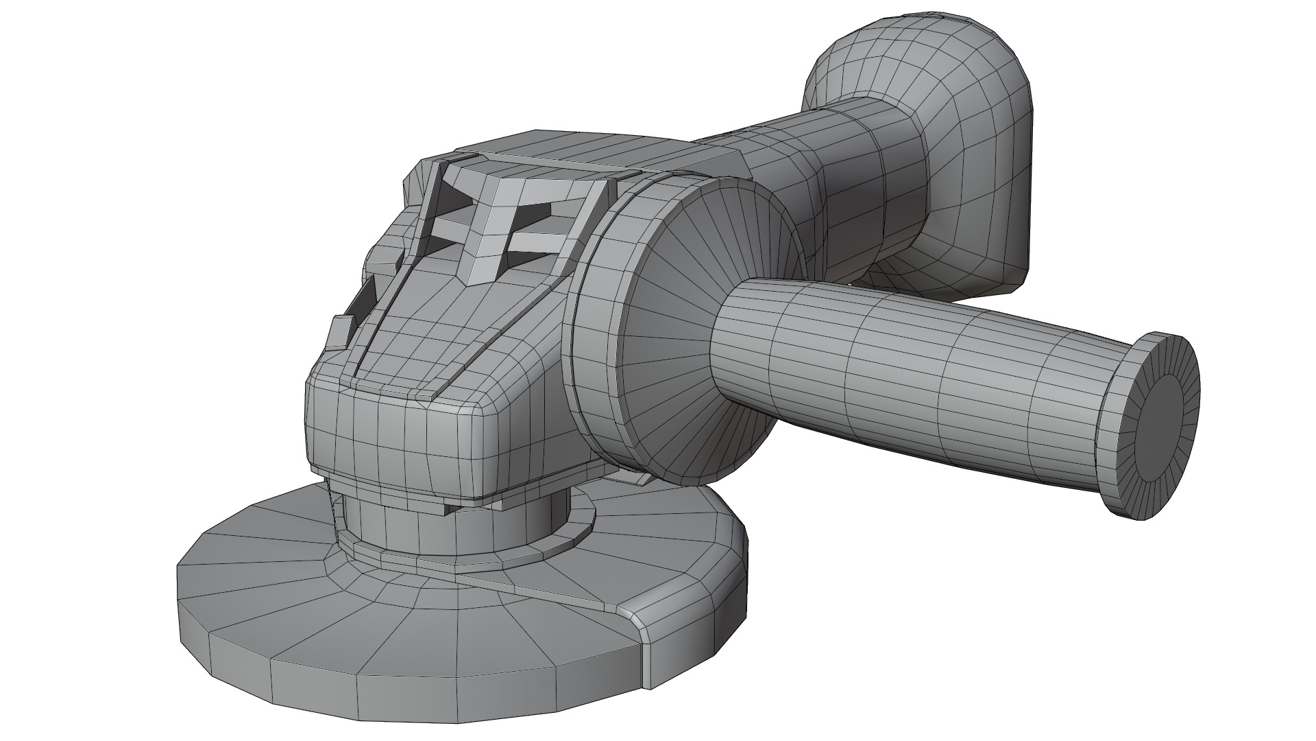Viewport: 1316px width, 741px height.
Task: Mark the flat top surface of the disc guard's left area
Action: pyautogui.click(x=274, y=590)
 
